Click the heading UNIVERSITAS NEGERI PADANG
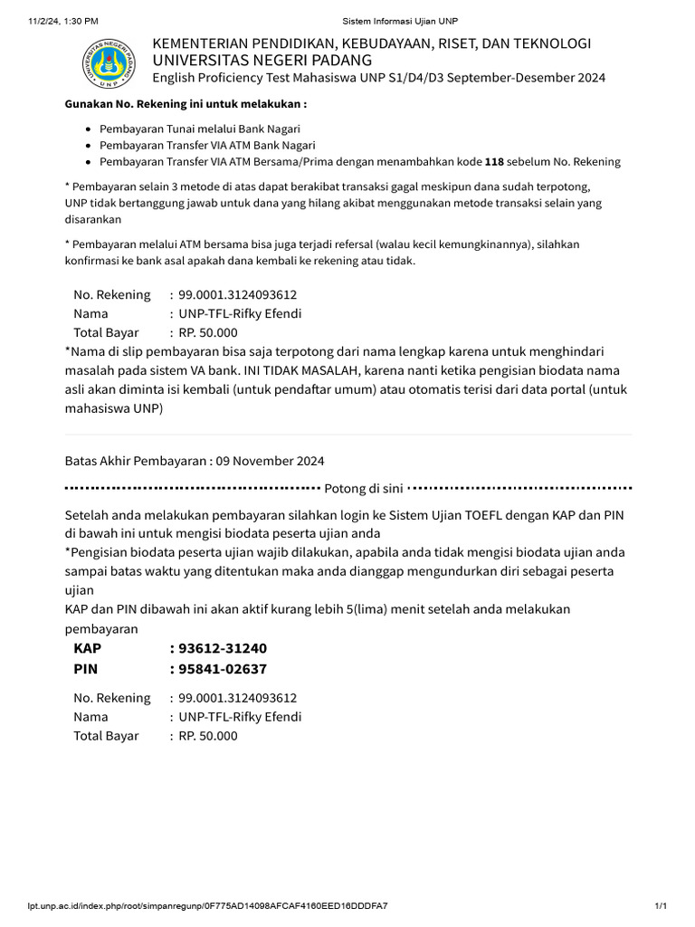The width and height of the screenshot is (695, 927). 262,60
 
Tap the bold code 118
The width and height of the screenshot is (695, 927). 495,162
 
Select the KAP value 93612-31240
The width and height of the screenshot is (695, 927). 223,649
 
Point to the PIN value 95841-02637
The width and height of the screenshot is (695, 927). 223,669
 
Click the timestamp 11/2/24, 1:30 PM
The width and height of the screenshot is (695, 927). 63,20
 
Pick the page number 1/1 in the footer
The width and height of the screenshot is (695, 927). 661,906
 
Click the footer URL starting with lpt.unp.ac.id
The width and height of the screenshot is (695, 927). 207,906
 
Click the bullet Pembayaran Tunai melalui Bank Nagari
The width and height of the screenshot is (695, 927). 200,129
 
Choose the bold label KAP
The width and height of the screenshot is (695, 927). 88,649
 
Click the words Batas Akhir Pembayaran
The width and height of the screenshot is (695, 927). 136,461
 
